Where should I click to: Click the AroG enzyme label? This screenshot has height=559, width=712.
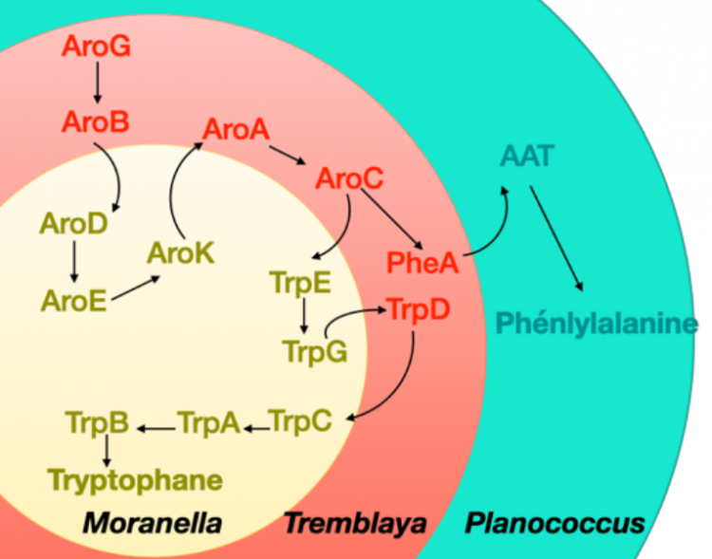pos(96,47)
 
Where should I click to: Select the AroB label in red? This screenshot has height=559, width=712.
pos(95,121)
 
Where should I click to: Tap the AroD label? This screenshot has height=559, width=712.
pos(74,223)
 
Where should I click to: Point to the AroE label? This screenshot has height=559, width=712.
pos(74,301)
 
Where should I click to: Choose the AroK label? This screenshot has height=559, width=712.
pos(180,253)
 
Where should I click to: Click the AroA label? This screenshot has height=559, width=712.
pos(236,129)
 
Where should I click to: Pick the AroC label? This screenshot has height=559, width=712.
pos(349,178)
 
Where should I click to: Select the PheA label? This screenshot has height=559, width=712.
pos(422,263)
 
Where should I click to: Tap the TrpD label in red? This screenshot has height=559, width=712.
pos(418,309)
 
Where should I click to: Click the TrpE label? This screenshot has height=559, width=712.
pos(301,284)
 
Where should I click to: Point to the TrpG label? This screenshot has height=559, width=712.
pos(315,352)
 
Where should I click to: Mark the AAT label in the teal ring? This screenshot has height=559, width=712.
pos(527,157)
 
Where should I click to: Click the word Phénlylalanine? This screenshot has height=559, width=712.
pos(597,324)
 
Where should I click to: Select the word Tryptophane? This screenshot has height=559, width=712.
pos(136,481)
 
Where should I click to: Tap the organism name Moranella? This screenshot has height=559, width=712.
pos(152,523)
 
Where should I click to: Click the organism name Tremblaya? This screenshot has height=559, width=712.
pos(355,524)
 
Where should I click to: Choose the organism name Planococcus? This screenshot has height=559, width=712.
pos(555,523)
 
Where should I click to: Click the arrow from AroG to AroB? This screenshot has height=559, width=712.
pos(97,83)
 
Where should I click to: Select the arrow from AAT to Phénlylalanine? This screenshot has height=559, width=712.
pos(556,238)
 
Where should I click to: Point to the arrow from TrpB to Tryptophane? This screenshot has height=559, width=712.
pos(106,451)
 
